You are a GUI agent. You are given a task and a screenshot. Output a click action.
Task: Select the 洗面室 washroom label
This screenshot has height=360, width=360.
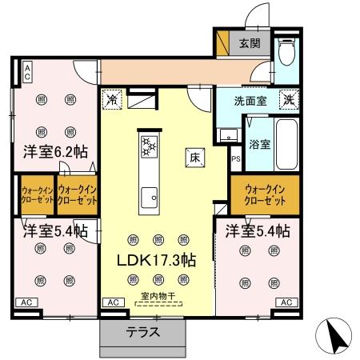coord(249,102)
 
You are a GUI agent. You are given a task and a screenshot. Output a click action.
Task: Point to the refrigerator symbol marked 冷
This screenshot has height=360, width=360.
coord(112,102)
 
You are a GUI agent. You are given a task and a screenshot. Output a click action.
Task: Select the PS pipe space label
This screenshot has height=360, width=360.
coord(235,159)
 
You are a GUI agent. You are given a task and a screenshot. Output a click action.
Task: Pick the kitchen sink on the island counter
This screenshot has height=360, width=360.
coord(149,196)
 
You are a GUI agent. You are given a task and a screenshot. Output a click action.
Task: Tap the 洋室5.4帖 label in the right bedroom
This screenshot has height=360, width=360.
coord(256,232)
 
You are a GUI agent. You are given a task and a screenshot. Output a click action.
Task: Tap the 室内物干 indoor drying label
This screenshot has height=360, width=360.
coord(157,296)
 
